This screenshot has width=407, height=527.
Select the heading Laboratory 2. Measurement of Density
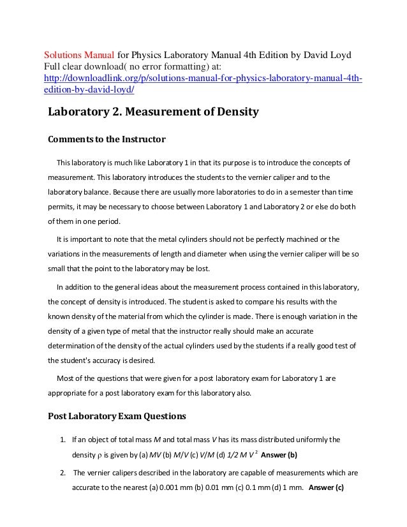click(x=153, y=113)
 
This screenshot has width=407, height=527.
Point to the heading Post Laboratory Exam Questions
click(x=117, y=416)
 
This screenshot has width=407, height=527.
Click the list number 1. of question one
click(x=63, y=440)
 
